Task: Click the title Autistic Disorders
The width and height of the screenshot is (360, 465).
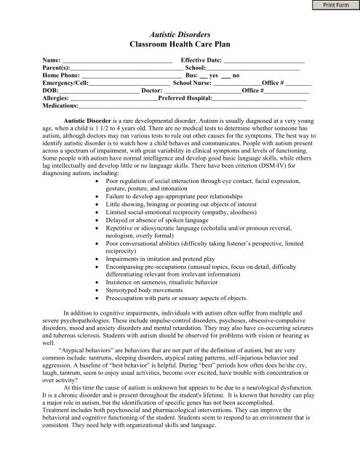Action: [179, 34]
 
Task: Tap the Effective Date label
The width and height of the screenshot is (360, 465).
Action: [201, 60]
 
